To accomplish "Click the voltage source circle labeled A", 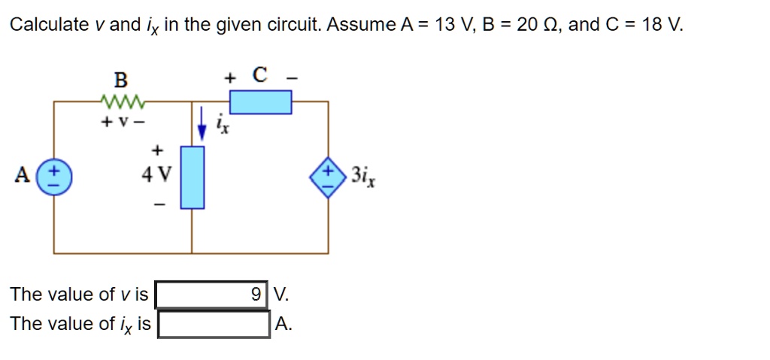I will tap(53, 178).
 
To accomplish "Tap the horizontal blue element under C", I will tap(260, 101).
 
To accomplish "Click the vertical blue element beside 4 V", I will tap(192, 177).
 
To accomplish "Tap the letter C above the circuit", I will tap(259, 75).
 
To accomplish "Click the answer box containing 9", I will tap(212, 294).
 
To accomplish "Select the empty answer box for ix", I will tap(214, 324).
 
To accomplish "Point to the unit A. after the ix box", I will tap(283, 324).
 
